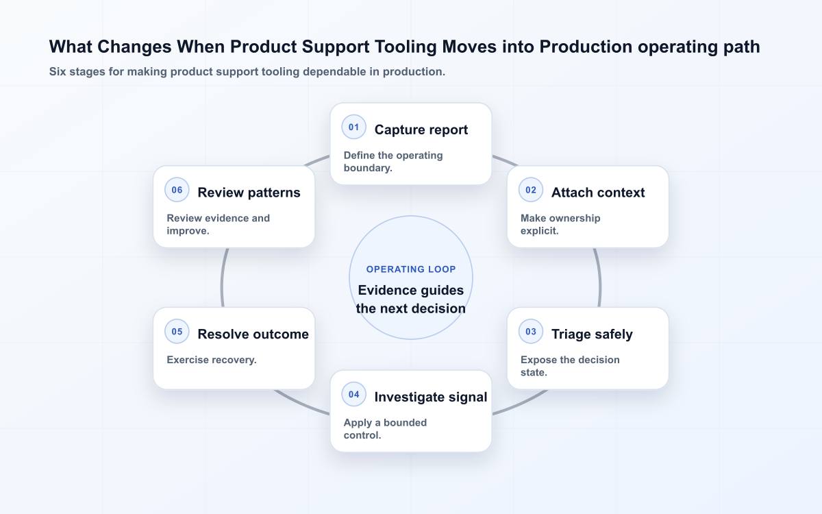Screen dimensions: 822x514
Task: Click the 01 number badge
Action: [x=353, y=127]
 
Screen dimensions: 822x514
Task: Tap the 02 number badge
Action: [x=531, y=190]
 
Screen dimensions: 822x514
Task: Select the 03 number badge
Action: [x=531, y=332]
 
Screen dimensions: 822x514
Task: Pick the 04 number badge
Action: [x=353, y=394]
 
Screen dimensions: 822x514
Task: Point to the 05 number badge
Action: [x=177, y=332]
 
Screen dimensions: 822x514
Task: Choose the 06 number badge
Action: [x=177, y=190]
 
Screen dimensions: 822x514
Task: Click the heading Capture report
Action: [x=421, y=130]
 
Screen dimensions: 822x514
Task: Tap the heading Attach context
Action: [x=598, y=193]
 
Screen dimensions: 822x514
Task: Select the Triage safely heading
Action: [x=592, y=334]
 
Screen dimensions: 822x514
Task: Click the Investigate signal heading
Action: [x=430, y=397]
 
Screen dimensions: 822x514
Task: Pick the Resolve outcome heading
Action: [x=253, y=334]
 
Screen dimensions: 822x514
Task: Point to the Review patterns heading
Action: [x=249, y=193]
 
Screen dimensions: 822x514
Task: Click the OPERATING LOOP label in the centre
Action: [x=411, y=269]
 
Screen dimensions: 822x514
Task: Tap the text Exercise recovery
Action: [x=212, y=360]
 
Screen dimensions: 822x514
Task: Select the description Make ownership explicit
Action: [x=560, y=224]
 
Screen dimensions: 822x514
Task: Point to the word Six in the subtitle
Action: [x=58, y=71]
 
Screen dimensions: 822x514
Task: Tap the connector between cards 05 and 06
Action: [x=223, y=278]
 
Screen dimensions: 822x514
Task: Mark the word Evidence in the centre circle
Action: [x=384, y=290]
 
